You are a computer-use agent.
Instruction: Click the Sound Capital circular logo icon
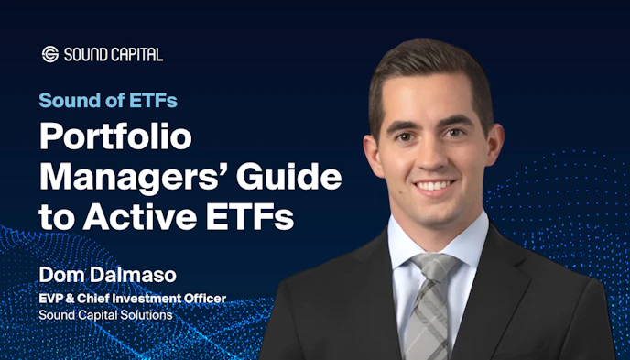50,54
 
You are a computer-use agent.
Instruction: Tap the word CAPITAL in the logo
136,55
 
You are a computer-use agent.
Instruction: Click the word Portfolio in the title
114,138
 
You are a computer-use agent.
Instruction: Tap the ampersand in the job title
66,298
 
